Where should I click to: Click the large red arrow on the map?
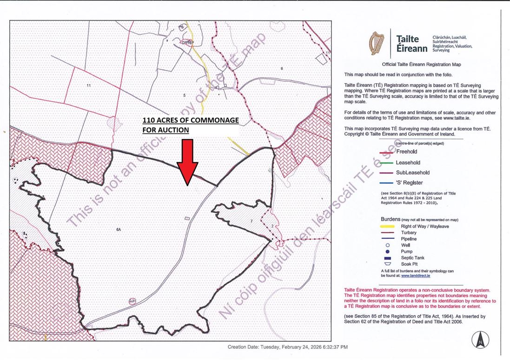pos(188,163)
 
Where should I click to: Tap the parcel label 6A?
pos(118,229)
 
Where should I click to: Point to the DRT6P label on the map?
pos(187,43)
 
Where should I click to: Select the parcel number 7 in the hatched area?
pos(251,221)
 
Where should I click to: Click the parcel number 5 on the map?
pos(184,95)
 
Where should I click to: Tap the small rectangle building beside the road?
pos(187,218)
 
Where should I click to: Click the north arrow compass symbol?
pos(480,340)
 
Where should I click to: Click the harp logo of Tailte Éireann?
pos(377,43)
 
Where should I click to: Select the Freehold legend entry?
pos(406,152)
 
